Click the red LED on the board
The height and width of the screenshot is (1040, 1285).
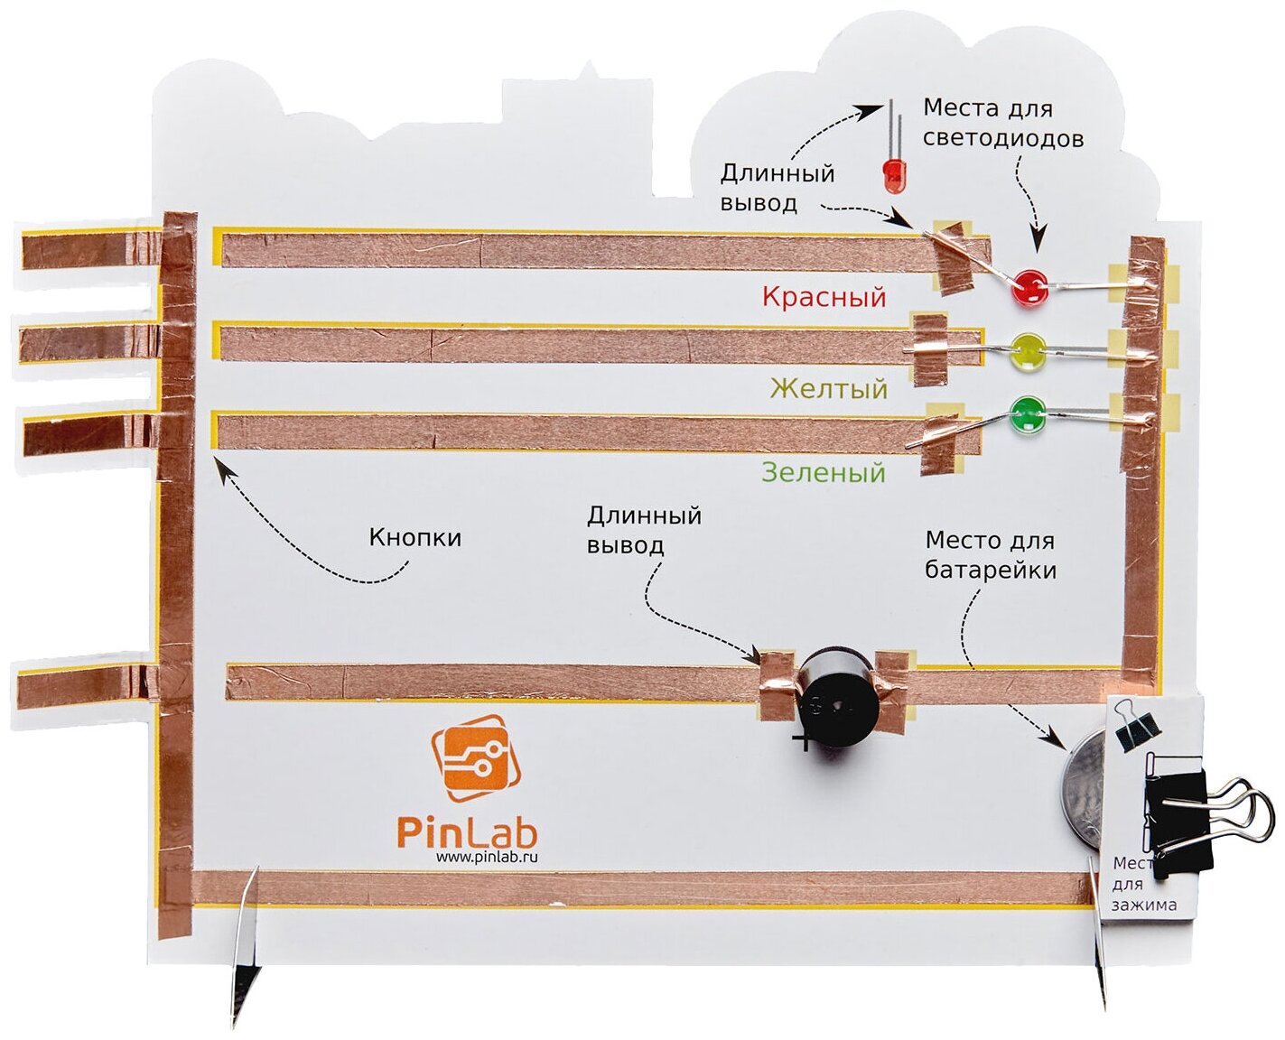(x=1028, y=287)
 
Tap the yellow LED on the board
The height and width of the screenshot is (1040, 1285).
(x=1027, y=351)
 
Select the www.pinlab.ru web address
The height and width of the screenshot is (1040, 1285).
(x=487, y=858)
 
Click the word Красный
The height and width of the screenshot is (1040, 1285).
(x=824, y=297)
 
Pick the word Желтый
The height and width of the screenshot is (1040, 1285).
(x=829, y=388)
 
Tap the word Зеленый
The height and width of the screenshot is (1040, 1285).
(x=823, y=472)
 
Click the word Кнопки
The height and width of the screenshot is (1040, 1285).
(x=414, y=538)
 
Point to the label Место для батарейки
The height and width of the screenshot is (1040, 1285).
(x=990, y=555)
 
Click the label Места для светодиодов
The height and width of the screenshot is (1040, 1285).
(x=1001, y=124)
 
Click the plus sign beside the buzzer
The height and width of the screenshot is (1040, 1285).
(x=800, y=742)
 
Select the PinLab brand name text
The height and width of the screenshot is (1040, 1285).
(x=467, y=831)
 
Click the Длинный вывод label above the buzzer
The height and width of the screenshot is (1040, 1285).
(x=644, y=531)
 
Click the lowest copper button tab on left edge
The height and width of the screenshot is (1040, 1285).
(x=81, y=685)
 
